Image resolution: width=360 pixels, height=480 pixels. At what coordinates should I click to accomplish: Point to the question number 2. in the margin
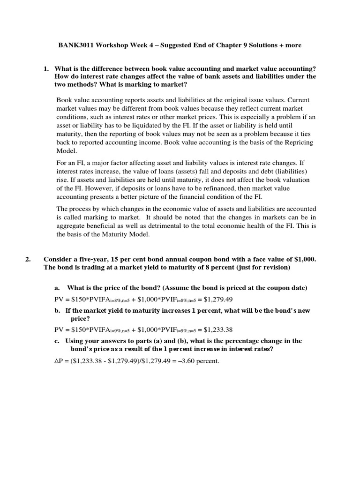tap(28, 259)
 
